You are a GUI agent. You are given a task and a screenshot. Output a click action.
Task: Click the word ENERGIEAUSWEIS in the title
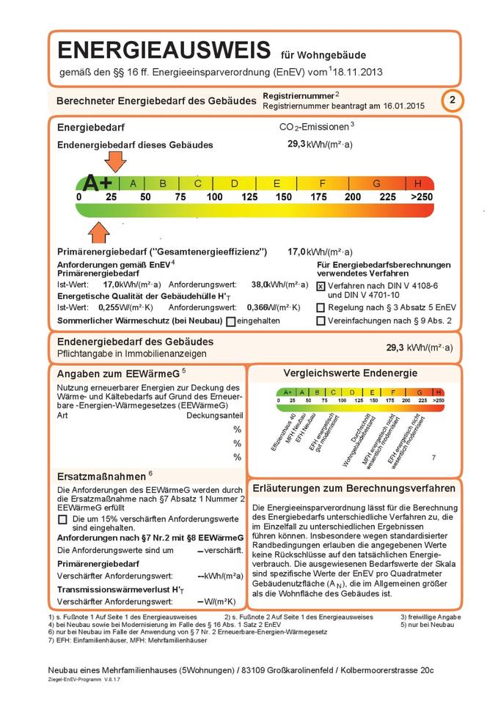point(162,51)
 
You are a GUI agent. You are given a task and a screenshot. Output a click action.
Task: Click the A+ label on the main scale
point(98,183)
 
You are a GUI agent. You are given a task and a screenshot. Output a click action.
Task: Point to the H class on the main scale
point(418,183)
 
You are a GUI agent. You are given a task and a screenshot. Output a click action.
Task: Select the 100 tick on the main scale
point(214,197)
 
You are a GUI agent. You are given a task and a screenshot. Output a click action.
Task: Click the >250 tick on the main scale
point(422,197)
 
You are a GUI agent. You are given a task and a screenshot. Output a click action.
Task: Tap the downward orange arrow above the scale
point(115,161)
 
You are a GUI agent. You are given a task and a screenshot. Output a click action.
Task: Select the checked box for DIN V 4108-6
point(321,286)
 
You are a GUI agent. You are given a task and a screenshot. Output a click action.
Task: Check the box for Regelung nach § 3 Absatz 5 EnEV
point(321,308)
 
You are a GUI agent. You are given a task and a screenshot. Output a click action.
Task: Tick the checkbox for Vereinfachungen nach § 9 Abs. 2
point(321,320)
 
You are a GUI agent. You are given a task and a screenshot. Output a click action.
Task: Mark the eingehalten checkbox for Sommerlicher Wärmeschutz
point(231,321)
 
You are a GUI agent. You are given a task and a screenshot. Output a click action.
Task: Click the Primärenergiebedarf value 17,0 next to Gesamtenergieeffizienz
point(296,252)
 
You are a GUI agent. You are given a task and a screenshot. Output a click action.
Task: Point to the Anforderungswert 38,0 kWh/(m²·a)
point(260,284)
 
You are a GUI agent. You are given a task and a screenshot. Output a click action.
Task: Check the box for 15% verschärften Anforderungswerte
point(62,519)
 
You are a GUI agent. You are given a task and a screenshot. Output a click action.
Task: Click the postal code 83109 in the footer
point(264,670)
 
